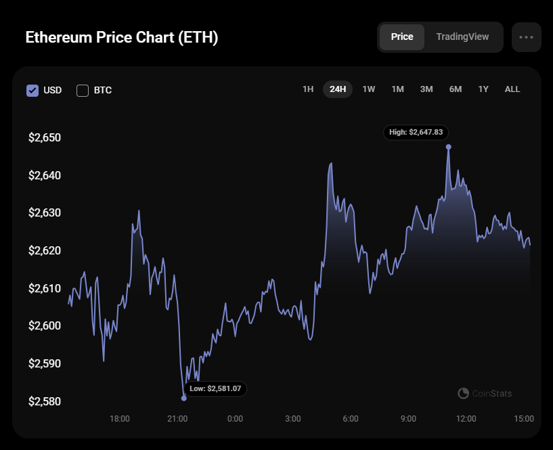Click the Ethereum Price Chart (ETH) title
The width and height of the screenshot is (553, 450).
click(122, 37)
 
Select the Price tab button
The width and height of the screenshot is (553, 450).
click(402, 37)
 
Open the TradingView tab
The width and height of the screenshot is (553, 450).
click(462, 37)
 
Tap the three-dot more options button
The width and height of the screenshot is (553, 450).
click(526, 37)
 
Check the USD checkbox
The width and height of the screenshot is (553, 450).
click(32, 90)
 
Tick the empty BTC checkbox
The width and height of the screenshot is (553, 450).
click(83, 90)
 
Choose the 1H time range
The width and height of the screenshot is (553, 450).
click(308, 89)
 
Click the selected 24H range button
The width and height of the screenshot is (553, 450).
click(338, 89)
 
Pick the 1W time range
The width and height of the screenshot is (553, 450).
click(368, 89)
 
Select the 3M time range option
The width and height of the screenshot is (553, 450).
click(426, 89)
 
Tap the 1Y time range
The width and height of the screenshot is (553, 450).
click(483, 89)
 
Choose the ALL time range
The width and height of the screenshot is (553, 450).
click(512, 89)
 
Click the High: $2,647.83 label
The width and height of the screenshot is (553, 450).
click(416, 133)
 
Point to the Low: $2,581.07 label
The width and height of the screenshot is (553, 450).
click(215, 389)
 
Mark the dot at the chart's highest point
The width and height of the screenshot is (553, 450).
click(448, 147)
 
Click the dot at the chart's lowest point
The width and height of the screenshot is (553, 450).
click(184, 398)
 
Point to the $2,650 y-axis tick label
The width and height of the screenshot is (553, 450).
click(45, 138)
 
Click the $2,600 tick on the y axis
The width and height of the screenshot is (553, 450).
click(45, 326)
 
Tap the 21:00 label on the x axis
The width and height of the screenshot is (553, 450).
click(177, 419)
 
